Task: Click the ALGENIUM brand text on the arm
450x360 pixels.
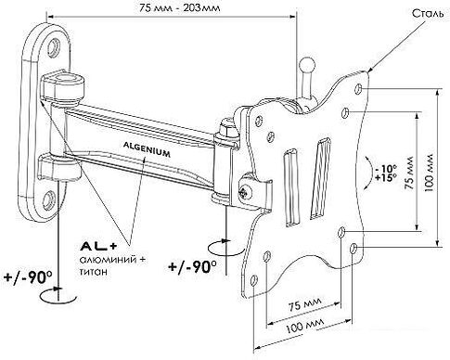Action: pyautogui.click(x=147, y=149)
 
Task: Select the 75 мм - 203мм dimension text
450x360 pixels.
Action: pyautogui.click(x=179, y=7)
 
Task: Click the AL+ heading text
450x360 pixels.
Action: pyautogui.click(x=99, y=246)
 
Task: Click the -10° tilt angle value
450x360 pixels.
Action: pyautogui.click(x=385, y=169)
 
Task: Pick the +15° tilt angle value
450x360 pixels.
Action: pyautogui.click(x=385, y=178)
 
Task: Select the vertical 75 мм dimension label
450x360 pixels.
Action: pyautogui.click(x=409, y=174)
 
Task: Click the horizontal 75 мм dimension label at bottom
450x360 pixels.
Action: pyautogui.click(x=305, y=304)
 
